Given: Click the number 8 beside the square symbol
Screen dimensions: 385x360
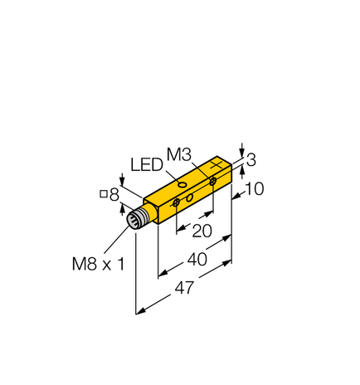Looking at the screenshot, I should (114, 195).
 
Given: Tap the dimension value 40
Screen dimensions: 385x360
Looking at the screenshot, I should (197, 259).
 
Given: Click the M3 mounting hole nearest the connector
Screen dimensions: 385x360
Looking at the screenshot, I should (176, 202).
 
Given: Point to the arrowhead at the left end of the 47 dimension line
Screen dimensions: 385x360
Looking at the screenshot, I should (138, 313).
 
